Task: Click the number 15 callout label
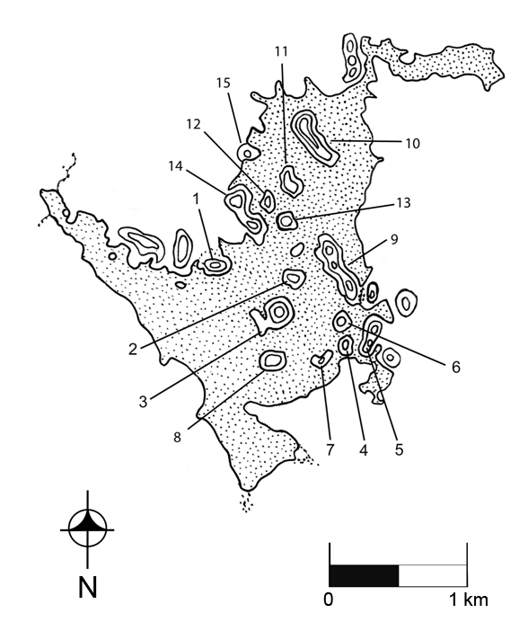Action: point(224,84)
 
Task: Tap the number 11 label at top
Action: point(281,51)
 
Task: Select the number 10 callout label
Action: point(413,143)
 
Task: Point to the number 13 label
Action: point(403,203)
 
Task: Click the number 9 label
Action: point(394,240)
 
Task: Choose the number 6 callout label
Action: point(456,368)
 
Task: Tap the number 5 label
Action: point(399,449)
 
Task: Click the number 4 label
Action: point(364,449)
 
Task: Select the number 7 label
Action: point(330,449)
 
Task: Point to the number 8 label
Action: point(177,437)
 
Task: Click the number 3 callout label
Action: point(143,402)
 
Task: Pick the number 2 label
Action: point(133,349)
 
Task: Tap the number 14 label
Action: point(175,166)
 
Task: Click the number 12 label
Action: point(194,125)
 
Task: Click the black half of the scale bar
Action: point(364,575)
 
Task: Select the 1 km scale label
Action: point(468,600)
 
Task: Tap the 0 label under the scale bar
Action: point(329,600)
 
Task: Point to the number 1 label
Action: point(197,200)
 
